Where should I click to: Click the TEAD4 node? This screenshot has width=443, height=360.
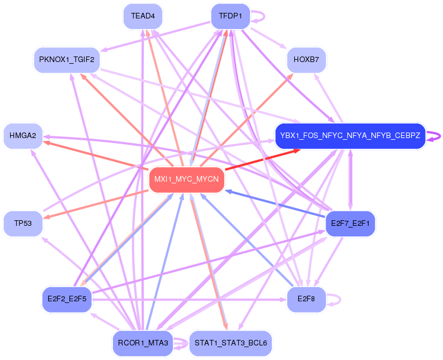click(143, 16)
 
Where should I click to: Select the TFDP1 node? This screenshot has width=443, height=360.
click(230, 16)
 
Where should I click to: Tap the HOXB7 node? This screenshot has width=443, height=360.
click(307, 59)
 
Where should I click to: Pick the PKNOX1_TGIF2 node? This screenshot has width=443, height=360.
click(66, 59)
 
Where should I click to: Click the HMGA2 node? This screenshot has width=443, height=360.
click(23, 136)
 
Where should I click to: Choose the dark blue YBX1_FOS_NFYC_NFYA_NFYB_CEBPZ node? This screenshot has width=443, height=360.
click(350, 136)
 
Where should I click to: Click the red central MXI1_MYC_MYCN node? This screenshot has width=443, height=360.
click(187, 180)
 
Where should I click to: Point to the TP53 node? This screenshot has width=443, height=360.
click(23, 224)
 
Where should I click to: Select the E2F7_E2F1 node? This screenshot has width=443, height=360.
click(350, 224)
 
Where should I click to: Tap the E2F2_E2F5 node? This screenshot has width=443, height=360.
click(66, 299)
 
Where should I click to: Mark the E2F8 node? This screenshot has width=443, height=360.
click(307, 299)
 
